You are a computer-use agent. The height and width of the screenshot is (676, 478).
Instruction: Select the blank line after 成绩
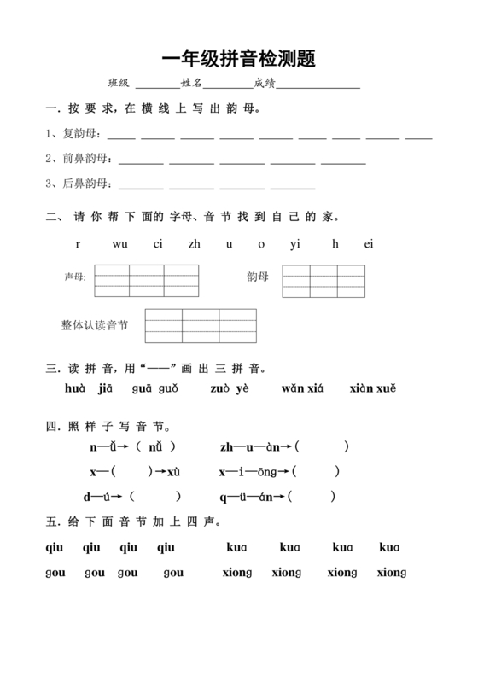tap(318, 85)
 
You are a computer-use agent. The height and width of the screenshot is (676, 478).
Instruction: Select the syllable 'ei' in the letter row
tap(369, 244)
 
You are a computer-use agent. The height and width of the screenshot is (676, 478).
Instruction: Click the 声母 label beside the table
tap(76, 277)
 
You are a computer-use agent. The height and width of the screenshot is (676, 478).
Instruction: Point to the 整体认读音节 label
tap(95, 325)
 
